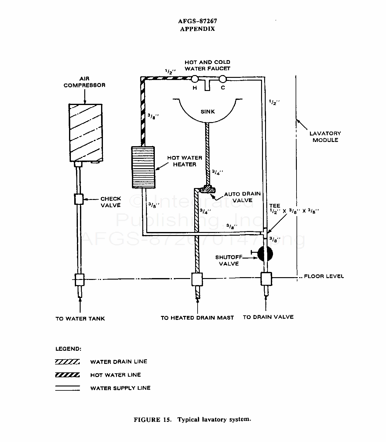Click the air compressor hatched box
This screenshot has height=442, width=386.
86,133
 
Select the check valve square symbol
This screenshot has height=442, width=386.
79,199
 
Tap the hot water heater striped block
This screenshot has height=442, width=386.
143,167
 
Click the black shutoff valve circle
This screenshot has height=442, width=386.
265,254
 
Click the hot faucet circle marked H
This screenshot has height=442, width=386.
195,79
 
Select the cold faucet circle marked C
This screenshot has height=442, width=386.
223,79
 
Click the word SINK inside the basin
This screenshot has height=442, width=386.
208,112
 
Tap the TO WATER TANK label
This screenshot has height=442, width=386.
80,319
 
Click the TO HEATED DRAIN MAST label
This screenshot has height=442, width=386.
197,318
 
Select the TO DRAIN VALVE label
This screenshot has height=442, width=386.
268,317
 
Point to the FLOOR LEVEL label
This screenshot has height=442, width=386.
324,276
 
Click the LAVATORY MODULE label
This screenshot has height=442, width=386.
325,137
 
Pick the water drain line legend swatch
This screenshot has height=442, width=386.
67,362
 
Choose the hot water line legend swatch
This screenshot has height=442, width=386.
67,375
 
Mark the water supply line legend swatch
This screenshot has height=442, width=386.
67,388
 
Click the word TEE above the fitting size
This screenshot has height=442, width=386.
275,206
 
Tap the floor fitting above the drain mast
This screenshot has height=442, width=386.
197,279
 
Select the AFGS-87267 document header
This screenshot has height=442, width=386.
198,21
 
